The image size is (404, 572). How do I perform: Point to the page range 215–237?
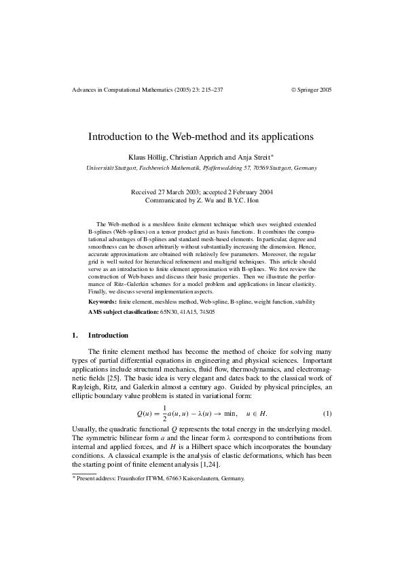pyautogui.click(x=208, y=90)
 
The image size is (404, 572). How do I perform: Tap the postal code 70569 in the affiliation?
pyautogui.click(x=260, y=168)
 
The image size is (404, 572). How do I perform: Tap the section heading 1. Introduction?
pyautogui.click(x=100, y=336)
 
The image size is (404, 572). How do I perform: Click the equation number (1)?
pyautogui.click(x=327, y=414)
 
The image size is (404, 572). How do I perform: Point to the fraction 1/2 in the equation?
pyautogui.click(x=164, y=414)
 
